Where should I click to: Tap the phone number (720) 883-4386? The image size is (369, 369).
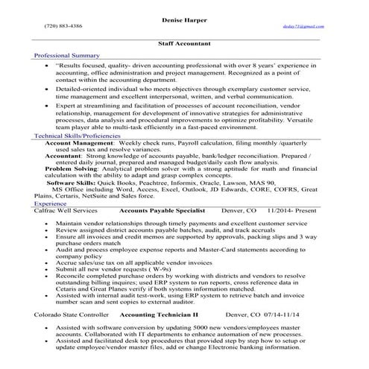(63, 25)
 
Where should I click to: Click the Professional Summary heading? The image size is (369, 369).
(67, 56)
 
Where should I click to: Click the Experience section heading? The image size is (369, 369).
(50, 203)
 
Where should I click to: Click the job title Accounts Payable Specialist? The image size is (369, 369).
(162, 210)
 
